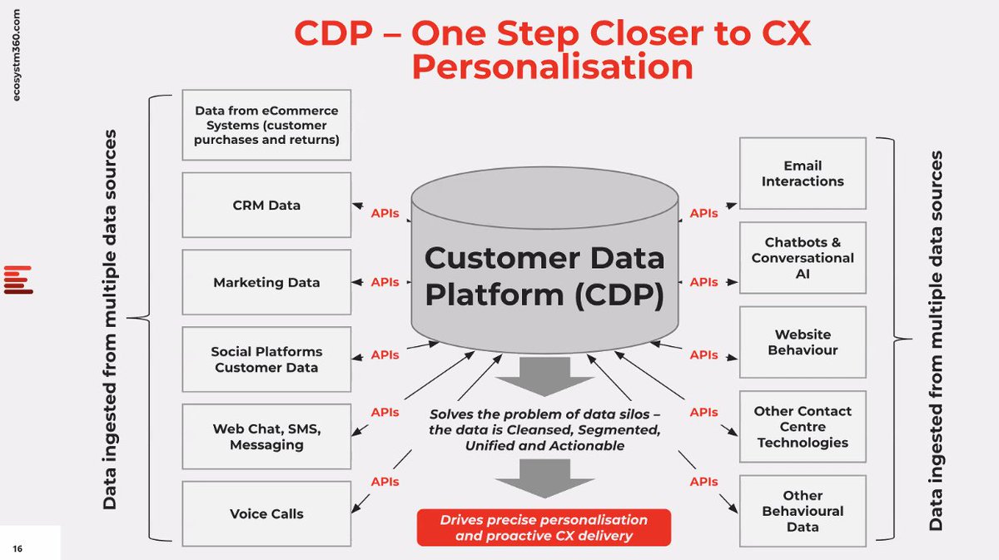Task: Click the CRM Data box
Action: [266, 205]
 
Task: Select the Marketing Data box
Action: [266, 282]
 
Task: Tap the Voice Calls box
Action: [266, 513]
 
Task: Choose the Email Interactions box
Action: [803, 173]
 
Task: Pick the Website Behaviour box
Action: [803, 342]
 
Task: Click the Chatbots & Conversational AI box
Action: [803, 258]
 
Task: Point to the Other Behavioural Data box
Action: [803, 511]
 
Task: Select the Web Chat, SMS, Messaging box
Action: [266, 437]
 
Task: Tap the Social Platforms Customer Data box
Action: [266, 359]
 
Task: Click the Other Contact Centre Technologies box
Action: [803, 427]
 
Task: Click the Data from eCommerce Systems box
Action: [266, 125]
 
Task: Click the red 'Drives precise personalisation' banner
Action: [544, 528]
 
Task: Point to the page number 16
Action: [17, 548]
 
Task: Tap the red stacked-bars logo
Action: [17, 280]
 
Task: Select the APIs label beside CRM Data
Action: [385, 214]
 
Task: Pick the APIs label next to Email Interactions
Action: [703, 214]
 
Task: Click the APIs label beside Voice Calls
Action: [385, 482]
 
